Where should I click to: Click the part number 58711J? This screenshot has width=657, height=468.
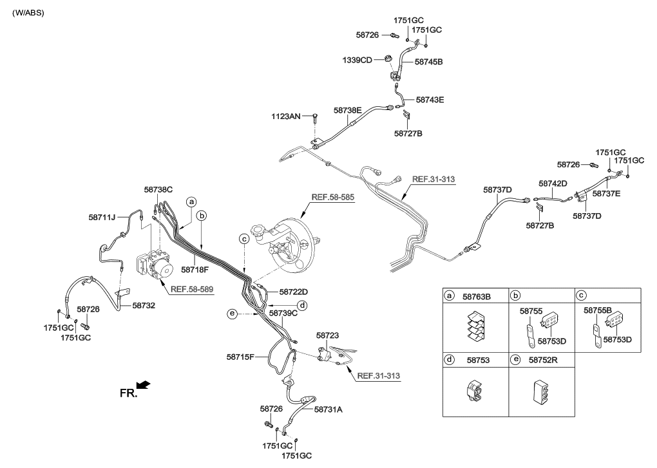pos(102,218)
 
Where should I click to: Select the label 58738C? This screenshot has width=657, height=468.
pos(158,190)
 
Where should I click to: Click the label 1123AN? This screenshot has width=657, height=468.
pos(285,117)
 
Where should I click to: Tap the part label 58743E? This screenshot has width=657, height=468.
pos(430,100)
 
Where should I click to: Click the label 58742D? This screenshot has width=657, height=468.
pos(553,183)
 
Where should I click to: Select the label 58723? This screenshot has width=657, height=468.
pos(328,335)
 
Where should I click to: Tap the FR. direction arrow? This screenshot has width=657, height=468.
pos(144,385)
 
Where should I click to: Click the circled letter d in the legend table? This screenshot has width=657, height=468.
pos(450,362)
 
